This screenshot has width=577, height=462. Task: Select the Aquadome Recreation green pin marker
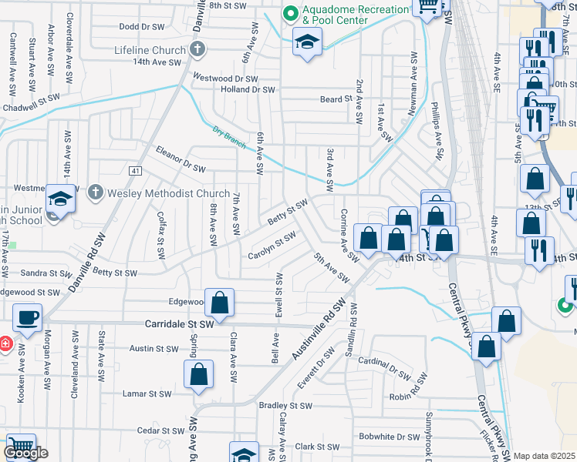tap(290, 12)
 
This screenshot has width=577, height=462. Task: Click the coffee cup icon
tap(28, 317)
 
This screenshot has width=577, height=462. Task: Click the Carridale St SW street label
tap(180, 325)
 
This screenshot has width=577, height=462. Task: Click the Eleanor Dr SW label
tap(181, 159)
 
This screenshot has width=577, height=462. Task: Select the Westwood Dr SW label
tap(224, 78)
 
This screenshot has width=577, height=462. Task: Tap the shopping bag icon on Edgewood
tap(220, 301)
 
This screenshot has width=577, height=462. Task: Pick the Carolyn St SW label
tap(272, 246)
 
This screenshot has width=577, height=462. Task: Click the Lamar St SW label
tap(147, 393)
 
